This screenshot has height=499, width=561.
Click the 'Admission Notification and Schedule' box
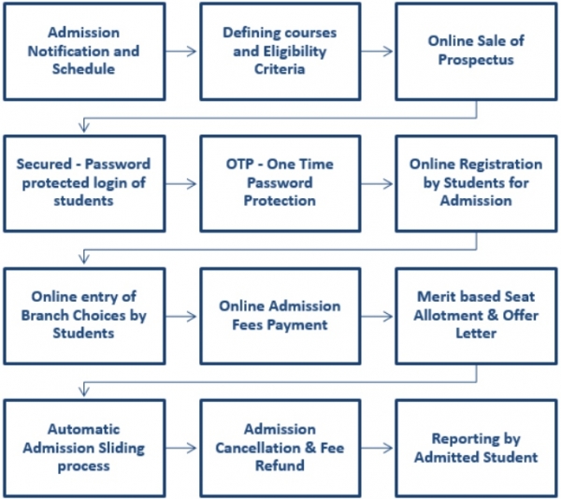click(x=84, y=51)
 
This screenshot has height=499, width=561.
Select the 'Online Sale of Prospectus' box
click(x=476, y=51)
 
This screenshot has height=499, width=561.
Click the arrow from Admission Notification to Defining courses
click(x=181, y=51)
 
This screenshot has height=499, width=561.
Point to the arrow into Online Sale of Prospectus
click(x=377, y=51)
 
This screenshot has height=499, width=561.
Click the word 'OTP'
click(x=239, y=164)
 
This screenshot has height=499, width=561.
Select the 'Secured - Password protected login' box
click(x=84, y=184)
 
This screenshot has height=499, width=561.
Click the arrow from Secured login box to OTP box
click(x=181, y=184)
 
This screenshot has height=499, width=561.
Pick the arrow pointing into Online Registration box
click(x=377, y=184)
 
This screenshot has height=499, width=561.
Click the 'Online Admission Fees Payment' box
click(x=280, y=317)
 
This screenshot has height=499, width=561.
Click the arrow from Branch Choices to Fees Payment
click(x=181, y=317)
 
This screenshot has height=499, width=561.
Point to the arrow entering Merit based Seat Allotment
click(x=377, y=317)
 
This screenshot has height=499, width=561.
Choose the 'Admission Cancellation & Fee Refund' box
click(x=280, y=449)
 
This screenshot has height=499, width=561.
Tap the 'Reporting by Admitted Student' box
click(x=476, y=449)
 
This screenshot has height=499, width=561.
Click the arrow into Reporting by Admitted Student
click(x=377, y=449)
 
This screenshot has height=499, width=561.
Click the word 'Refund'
click(x=280, y=465)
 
